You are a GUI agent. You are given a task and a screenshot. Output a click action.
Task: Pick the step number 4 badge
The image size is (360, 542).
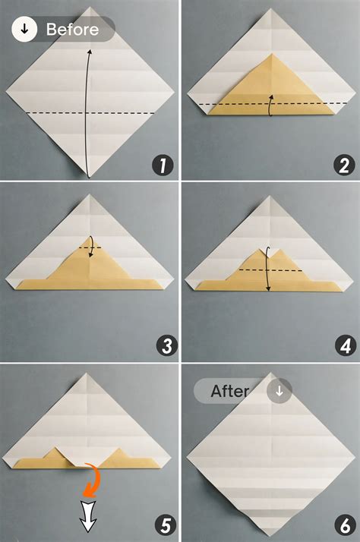click(342, 346)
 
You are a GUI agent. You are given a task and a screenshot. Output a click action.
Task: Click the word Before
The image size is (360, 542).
click(72, 30)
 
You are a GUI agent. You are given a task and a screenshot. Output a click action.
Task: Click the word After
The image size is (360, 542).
click(230, 392)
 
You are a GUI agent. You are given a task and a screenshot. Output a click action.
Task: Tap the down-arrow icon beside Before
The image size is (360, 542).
click(25, 30)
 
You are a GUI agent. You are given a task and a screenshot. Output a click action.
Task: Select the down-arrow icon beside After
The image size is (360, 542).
click(279, 392)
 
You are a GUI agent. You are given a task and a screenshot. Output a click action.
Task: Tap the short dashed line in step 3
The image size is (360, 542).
click(90, 247)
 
